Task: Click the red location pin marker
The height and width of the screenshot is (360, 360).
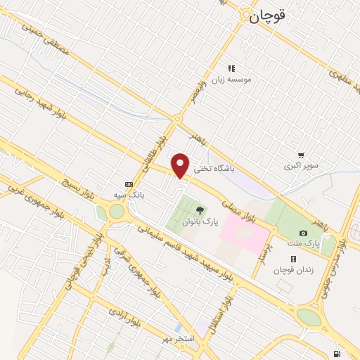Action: [181, 165]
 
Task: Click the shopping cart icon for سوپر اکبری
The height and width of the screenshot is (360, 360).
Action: [301, 155]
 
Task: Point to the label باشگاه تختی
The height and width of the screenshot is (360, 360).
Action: [213, 169]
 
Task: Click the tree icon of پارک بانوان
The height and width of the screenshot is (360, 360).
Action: [200, 210]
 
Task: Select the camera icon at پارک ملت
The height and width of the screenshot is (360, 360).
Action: [303, 233]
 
